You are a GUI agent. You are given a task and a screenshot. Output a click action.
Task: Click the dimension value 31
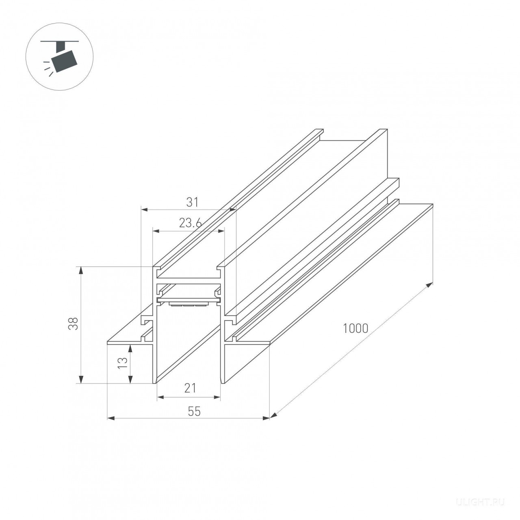[193, 202]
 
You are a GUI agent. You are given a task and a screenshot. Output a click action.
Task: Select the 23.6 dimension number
[190, 223]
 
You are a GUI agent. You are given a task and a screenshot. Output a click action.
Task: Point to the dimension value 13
[123, 363]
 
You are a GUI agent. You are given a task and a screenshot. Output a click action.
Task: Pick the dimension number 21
[190, 388]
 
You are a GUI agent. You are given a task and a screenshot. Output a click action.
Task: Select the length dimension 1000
[355, 329]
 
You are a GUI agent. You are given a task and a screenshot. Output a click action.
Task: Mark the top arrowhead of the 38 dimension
[80, 271]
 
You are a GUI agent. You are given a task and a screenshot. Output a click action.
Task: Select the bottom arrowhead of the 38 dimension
[80, 379]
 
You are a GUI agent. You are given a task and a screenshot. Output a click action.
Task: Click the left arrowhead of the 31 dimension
[145, 209]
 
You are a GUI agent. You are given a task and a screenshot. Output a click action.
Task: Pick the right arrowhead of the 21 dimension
[217, 397]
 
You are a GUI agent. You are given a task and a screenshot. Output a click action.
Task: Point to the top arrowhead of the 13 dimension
[130, 349]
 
